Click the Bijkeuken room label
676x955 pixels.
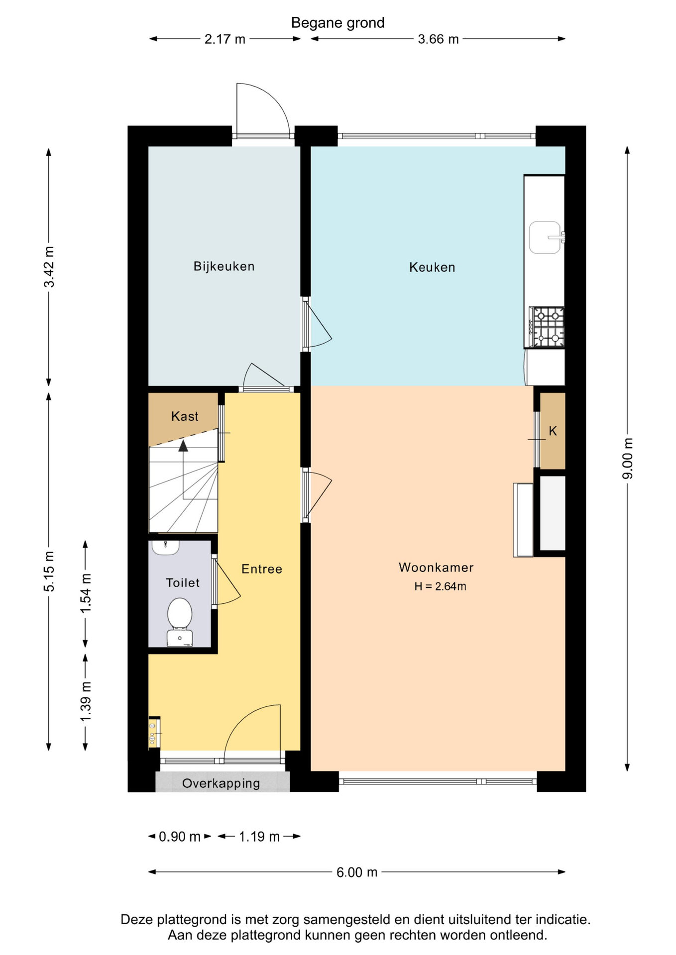[224, 266]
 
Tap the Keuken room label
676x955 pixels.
[432, 267]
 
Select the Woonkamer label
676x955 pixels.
[436, 567]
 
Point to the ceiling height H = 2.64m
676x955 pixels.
[440, 586]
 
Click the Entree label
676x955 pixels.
[262, 569]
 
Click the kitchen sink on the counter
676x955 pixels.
[547, 237]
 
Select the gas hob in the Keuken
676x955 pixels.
[547, 326]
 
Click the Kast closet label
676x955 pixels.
[185, 416]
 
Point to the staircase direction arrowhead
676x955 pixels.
[183, 446]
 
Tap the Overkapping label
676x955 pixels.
[221, 783]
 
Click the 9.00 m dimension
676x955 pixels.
[628, 458]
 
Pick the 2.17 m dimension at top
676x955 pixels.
[225, 39]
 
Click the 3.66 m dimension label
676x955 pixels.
[438, 39]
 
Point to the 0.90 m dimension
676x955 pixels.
[180, 837]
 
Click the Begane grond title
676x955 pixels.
[338, 23]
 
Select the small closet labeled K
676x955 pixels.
[553, 431]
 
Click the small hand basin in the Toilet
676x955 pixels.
[165, 547]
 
